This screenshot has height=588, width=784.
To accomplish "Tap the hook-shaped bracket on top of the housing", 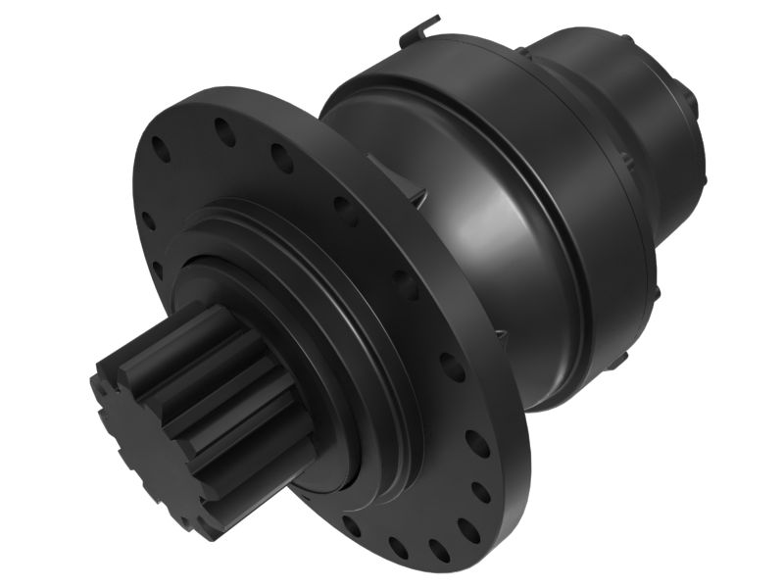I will (x=420, y=31).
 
